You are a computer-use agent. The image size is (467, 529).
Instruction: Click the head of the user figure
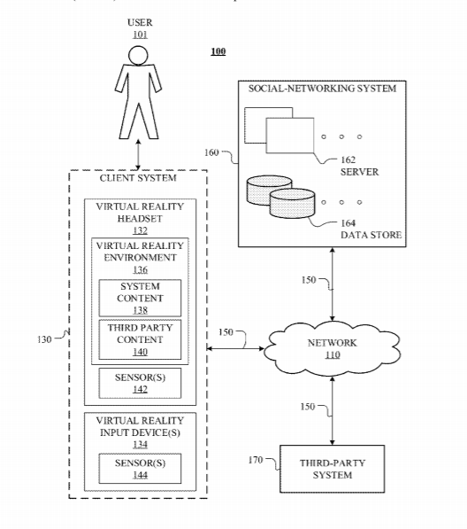coord(138,55)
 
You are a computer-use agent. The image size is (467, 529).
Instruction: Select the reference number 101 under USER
coord(140,35)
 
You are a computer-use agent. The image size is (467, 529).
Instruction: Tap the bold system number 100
coord(218,51)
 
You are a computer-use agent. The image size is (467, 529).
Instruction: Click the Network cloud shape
coord(332,349)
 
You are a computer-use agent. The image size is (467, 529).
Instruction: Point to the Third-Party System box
coord(332,469)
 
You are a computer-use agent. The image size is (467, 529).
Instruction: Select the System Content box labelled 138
coord(140,298)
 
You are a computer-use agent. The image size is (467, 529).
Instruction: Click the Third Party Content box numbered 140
coord(140,339)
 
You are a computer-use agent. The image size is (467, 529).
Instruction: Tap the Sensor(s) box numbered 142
coord(140,383)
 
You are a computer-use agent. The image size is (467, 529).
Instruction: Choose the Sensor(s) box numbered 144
coord(140,469)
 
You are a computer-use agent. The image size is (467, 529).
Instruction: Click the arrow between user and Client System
coord(138,154)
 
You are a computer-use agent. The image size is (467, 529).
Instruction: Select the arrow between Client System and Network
coord(235,348)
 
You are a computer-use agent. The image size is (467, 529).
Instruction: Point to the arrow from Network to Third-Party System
coord(333,410)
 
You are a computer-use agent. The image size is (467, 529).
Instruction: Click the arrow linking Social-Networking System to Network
coord(333,284)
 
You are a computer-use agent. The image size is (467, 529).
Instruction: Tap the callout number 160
coord(211,152)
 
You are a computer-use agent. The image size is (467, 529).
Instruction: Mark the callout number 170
coord(256,460)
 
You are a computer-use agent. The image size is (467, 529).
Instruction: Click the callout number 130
coord(44,339)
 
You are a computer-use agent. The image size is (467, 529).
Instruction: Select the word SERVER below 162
coord(359,172)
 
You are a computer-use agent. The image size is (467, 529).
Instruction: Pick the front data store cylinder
coord(292,203)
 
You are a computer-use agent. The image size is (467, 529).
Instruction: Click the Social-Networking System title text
coord(322,89)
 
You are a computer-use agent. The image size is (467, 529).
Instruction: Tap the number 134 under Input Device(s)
coord(140,444)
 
